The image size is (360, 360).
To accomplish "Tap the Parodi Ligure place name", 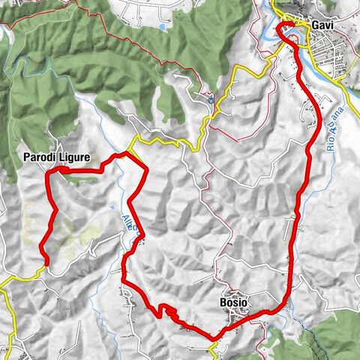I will click(x=55, y=157).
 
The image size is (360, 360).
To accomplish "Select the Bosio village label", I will click(x=233, y=302).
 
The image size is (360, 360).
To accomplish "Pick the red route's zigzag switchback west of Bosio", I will click(x=166, y=310).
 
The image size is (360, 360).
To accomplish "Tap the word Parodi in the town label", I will click(x=38, y=157).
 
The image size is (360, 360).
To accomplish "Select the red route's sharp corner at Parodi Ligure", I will click(x=48, y=173).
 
